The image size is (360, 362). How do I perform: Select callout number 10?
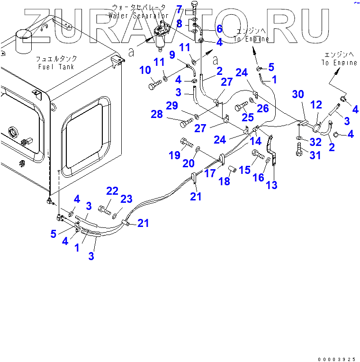coord(144,71)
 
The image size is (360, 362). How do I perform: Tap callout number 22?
coord(112,190)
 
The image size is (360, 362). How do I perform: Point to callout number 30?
coord(297,94)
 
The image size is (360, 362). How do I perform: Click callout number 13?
coord(272,185)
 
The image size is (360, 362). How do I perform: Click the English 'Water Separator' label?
coord(138,16)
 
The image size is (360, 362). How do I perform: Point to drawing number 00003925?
coord(336,358)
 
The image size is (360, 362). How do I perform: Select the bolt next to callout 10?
coord(155,86)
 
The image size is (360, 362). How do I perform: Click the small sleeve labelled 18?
coord(233,169)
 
